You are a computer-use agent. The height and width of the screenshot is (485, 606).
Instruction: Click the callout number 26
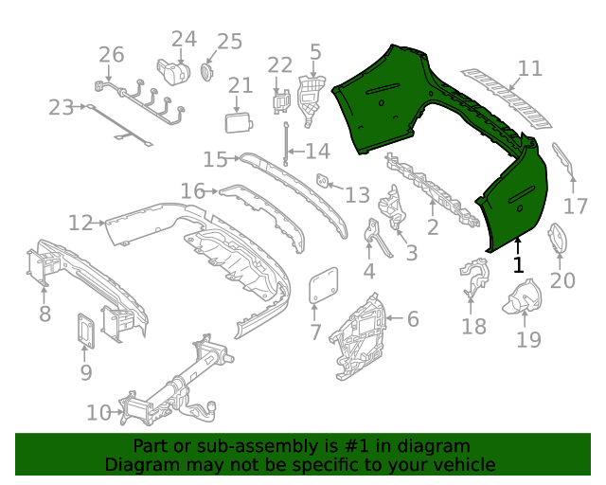[111, 54]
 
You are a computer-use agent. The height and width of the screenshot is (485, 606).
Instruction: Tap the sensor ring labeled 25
[207, 71]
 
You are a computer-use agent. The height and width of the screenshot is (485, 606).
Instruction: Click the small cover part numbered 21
[237, 122]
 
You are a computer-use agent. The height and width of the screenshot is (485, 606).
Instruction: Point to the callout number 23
[61, 107]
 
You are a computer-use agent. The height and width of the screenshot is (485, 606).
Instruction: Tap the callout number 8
[45, 314]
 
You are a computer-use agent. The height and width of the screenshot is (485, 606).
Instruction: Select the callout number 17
[577, 206]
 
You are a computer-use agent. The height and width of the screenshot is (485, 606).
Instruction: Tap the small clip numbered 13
[323, 179]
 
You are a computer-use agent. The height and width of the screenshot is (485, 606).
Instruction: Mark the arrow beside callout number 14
[294, 152]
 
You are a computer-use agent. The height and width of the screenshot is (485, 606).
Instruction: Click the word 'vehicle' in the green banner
[464, 464]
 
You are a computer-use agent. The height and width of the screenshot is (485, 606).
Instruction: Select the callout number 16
[193, 191]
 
